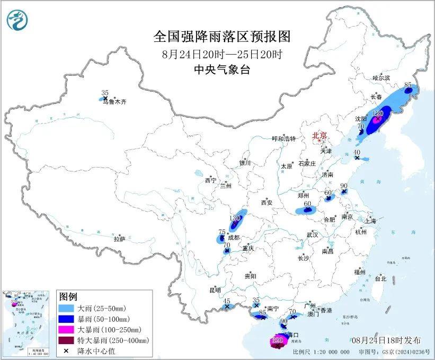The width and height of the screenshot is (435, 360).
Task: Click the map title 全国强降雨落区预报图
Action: coord(222,37)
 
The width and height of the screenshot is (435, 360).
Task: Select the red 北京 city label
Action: coord(320,136)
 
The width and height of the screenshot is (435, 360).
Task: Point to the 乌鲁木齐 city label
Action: coord(115,102)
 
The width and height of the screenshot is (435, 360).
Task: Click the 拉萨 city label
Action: coord(119,239)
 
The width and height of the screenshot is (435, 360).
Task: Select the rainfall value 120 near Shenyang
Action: coord(378,113)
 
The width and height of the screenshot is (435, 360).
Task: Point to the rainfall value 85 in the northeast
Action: coord(408,85)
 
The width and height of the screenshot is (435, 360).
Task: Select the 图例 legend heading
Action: coord(68,296)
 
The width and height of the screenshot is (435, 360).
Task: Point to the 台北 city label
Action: coord(380,279)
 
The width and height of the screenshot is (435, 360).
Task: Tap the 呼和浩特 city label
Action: coord(286,139)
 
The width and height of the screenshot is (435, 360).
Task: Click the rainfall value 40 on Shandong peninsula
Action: coord(357,152)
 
